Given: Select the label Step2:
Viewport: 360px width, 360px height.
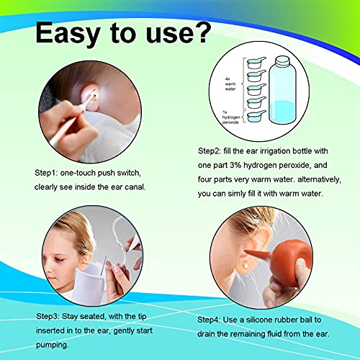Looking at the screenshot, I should click(x=212, y=152).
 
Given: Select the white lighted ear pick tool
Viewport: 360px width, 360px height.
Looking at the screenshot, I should click(x=68, y=126).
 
